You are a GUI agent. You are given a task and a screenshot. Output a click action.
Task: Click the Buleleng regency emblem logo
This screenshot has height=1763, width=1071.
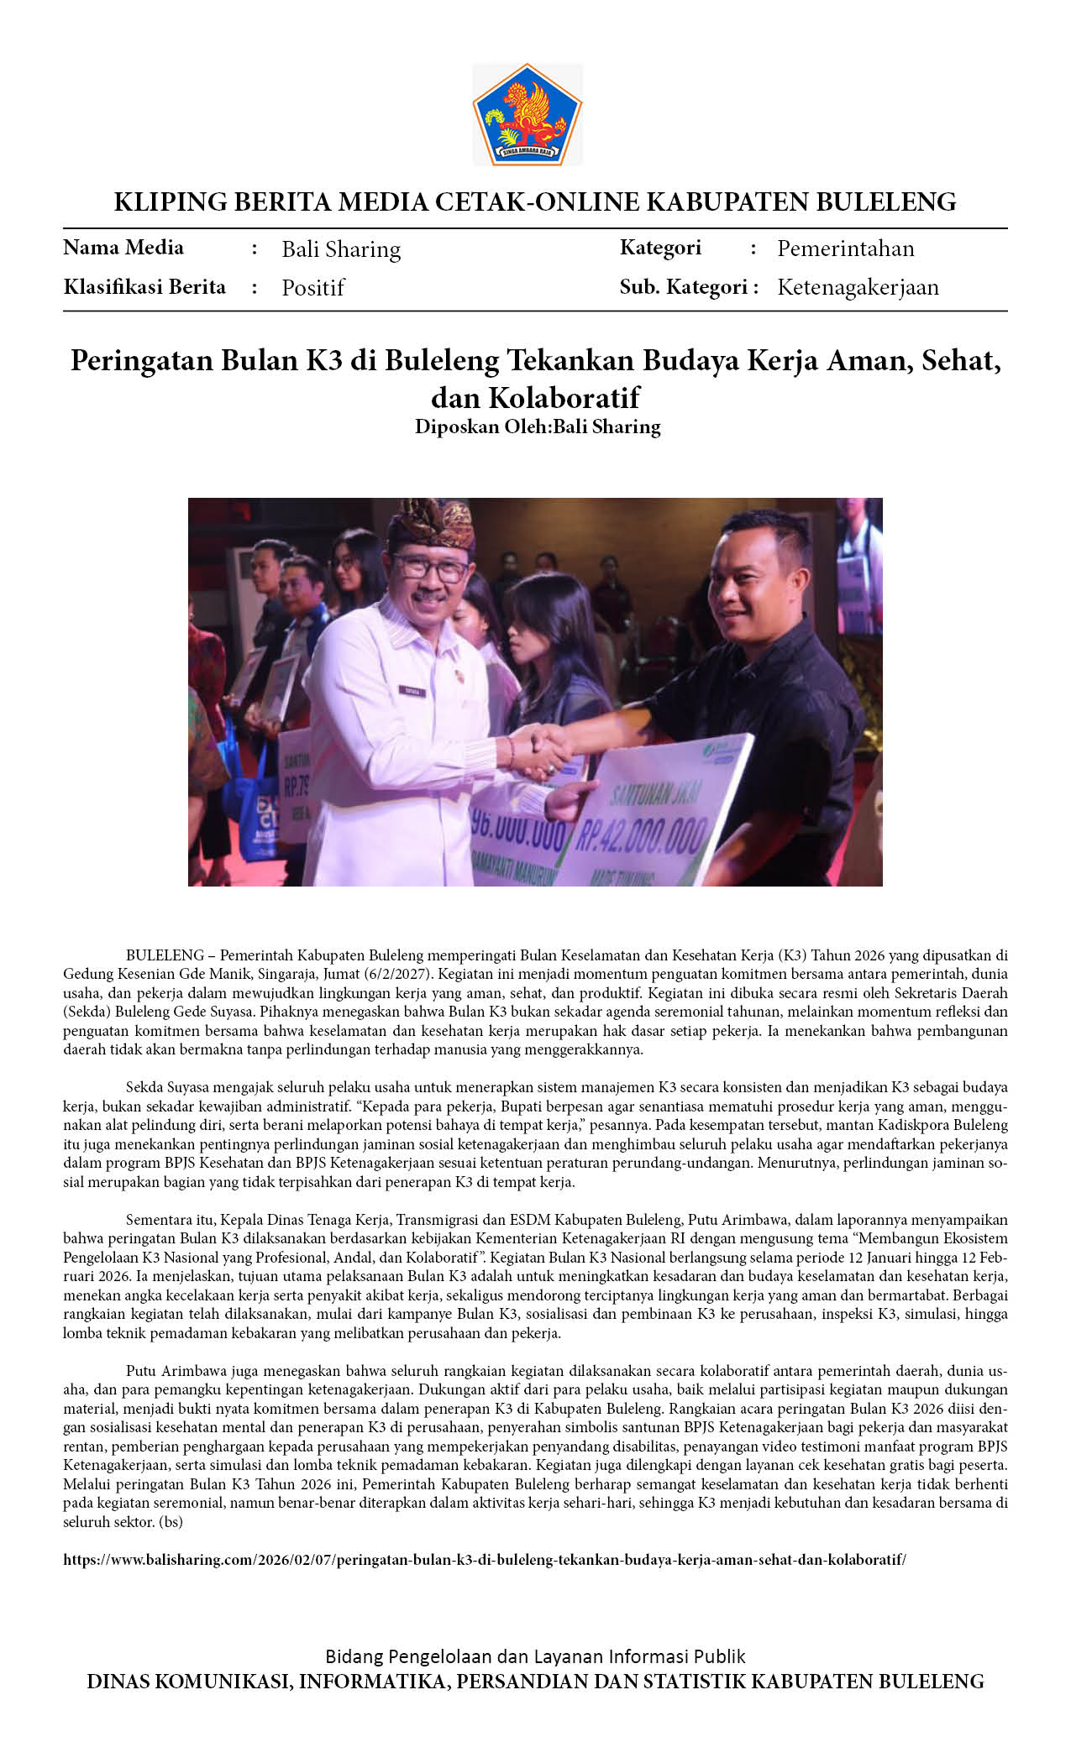tap(528, 114)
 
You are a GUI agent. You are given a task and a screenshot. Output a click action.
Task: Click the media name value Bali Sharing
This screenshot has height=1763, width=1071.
tap(341, 249)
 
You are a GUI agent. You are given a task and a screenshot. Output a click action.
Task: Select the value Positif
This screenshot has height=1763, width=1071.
tap(312, 288)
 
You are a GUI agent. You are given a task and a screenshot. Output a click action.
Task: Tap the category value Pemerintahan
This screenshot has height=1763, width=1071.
tap(845, 248)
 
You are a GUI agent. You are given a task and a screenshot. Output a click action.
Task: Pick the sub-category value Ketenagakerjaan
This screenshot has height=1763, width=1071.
tap(858, 287)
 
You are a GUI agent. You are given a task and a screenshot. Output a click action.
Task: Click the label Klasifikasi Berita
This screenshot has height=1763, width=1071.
tap(144, 287)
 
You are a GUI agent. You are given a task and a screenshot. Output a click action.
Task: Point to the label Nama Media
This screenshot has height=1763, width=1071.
tap(123, 248)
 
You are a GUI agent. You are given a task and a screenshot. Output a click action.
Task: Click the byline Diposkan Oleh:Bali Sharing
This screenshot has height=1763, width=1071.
tap(538, 426)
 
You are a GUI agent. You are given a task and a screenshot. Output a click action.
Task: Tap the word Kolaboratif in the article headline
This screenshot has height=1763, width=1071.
tap(564, 396)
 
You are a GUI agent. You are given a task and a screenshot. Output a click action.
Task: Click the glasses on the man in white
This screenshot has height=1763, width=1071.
tap(430, 567)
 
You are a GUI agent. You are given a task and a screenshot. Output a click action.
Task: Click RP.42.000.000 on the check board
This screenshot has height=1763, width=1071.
tap(643, 834)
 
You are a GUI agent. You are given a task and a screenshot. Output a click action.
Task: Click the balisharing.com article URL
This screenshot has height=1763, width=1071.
tap(485, 1559)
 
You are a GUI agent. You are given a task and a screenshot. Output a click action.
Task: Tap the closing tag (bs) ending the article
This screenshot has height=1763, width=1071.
tap(170, 1520)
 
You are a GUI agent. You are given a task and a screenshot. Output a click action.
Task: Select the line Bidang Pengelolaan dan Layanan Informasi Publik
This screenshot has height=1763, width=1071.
tap(535, 1656)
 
